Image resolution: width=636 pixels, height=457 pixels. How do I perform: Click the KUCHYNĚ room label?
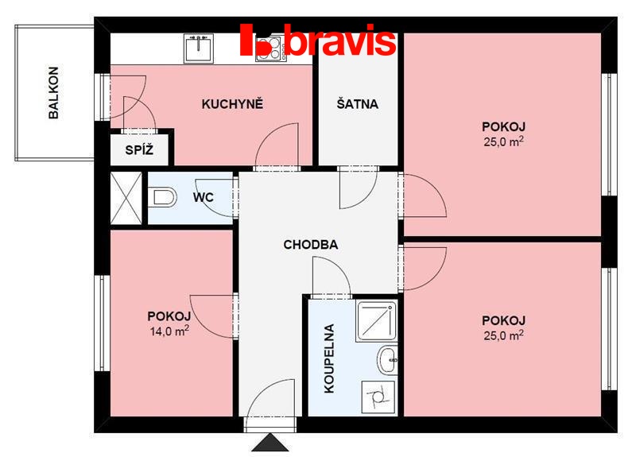(x=232, y=104)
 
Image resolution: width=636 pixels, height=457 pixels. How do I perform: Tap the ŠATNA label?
(x=357, y=104)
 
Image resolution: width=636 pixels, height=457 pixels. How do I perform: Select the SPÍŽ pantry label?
(x=139, y=150)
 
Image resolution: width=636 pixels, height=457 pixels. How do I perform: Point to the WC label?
(x=204, y=197)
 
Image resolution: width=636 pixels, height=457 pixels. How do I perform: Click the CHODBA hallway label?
(x=311, y=245)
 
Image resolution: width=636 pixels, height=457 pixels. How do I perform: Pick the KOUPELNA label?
(x=329, y=358)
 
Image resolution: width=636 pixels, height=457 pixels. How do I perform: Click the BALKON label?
(x=53, y=92)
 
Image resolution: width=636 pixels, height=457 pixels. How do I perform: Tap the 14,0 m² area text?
(x=169, y=331)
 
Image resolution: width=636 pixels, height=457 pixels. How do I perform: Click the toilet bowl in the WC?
(x=162, y=197)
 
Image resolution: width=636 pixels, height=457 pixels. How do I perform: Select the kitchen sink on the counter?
(x=198, y=48)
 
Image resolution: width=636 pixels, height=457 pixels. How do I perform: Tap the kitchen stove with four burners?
(x=269, y=48)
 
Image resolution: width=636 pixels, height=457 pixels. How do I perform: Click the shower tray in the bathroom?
(x=376, y=321)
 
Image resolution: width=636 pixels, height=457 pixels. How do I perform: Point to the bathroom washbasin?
(x=388, y=360)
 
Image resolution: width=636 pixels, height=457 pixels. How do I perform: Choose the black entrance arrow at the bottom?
(x=270, y=443)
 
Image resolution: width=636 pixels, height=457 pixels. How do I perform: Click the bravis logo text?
(x=340, y=40)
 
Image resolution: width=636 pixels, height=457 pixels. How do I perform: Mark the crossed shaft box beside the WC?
(x=126, y=198)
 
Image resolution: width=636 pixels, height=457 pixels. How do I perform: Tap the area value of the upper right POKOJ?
(x=503, y=142)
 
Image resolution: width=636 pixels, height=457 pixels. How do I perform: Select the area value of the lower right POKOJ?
(x=503, y=335)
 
